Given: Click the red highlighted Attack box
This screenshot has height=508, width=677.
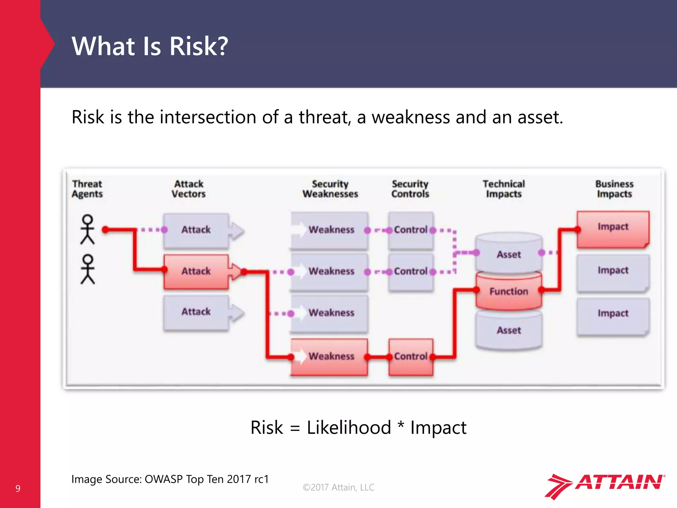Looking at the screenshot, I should click(196, 272).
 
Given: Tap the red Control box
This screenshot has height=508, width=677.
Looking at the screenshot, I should click(411, 357).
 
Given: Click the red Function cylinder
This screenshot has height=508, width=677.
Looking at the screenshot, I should click(508, 291).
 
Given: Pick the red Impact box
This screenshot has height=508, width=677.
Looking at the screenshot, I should click(613, 229).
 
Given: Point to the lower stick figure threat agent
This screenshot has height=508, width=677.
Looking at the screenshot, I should click(88, 269).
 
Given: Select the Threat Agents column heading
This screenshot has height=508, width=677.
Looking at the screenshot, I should click(87, 189).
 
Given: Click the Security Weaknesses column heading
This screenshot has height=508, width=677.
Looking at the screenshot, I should click(330, 189).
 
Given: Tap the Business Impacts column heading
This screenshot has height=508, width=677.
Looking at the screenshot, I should click(614, 189).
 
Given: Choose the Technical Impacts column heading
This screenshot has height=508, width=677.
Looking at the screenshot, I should click(503, 189).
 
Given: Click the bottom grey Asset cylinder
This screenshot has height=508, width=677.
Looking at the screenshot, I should click(508, 330).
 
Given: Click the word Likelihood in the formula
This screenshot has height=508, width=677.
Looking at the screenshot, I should click(349, 428).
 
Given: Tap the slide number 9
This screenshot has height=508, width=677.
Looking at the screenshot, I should click(18, 488).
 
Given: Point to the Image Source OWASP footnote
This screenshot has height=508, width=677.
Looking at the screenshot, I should click(170, 479).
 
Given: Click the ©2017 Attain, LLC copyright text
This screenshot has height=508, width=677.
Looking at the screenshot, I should click(338, 487).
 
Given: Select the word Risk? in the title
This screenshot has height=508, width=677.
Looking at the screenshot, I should click(199, 46).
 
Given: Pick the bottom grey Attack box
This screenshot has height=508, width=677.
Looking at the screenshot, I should click(196, 312).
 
